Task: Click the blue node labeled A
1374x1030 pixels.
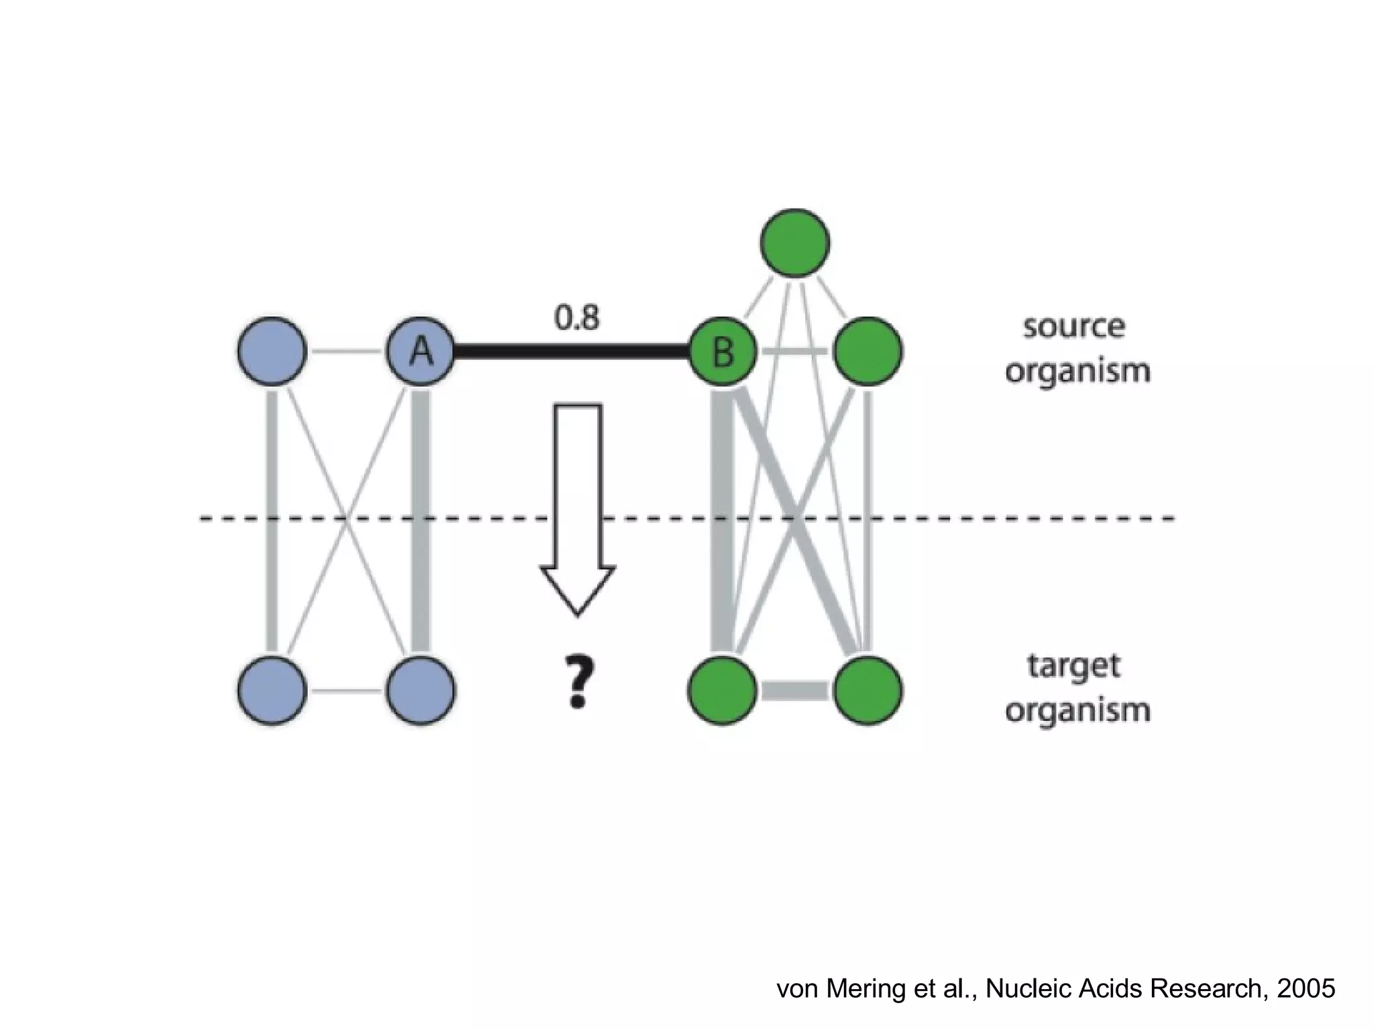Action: coord(421,351)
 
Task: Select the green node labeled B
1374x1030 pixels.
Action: coord(723,351)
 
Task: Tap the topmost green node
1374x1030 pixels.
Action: coord(795,242)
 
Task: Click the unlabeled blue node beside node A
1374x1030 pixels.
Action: coord(272,351)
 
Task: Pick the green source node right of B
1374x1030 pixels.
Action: coord(867,351)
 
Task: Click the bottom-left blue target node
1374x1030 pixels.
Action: coord(272,691)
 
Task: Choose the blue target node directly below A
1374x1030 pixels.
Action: coord(421,691)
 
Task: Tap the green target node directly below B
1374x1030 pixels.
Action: coord(723,691)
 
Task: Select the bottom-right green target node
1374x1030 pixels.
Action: coord(867,691)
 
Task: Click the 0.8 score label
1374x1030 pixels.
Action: coord(577,317)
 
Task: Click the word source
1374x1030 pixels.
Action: coord(1073,327)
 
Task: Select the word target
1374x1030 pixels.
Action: coord(1073,667)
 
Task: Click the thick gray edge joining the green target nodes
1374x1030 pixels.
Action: coord(795,691)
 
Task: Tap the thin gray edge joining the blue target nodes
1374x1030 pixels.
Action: coord(346,691)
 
